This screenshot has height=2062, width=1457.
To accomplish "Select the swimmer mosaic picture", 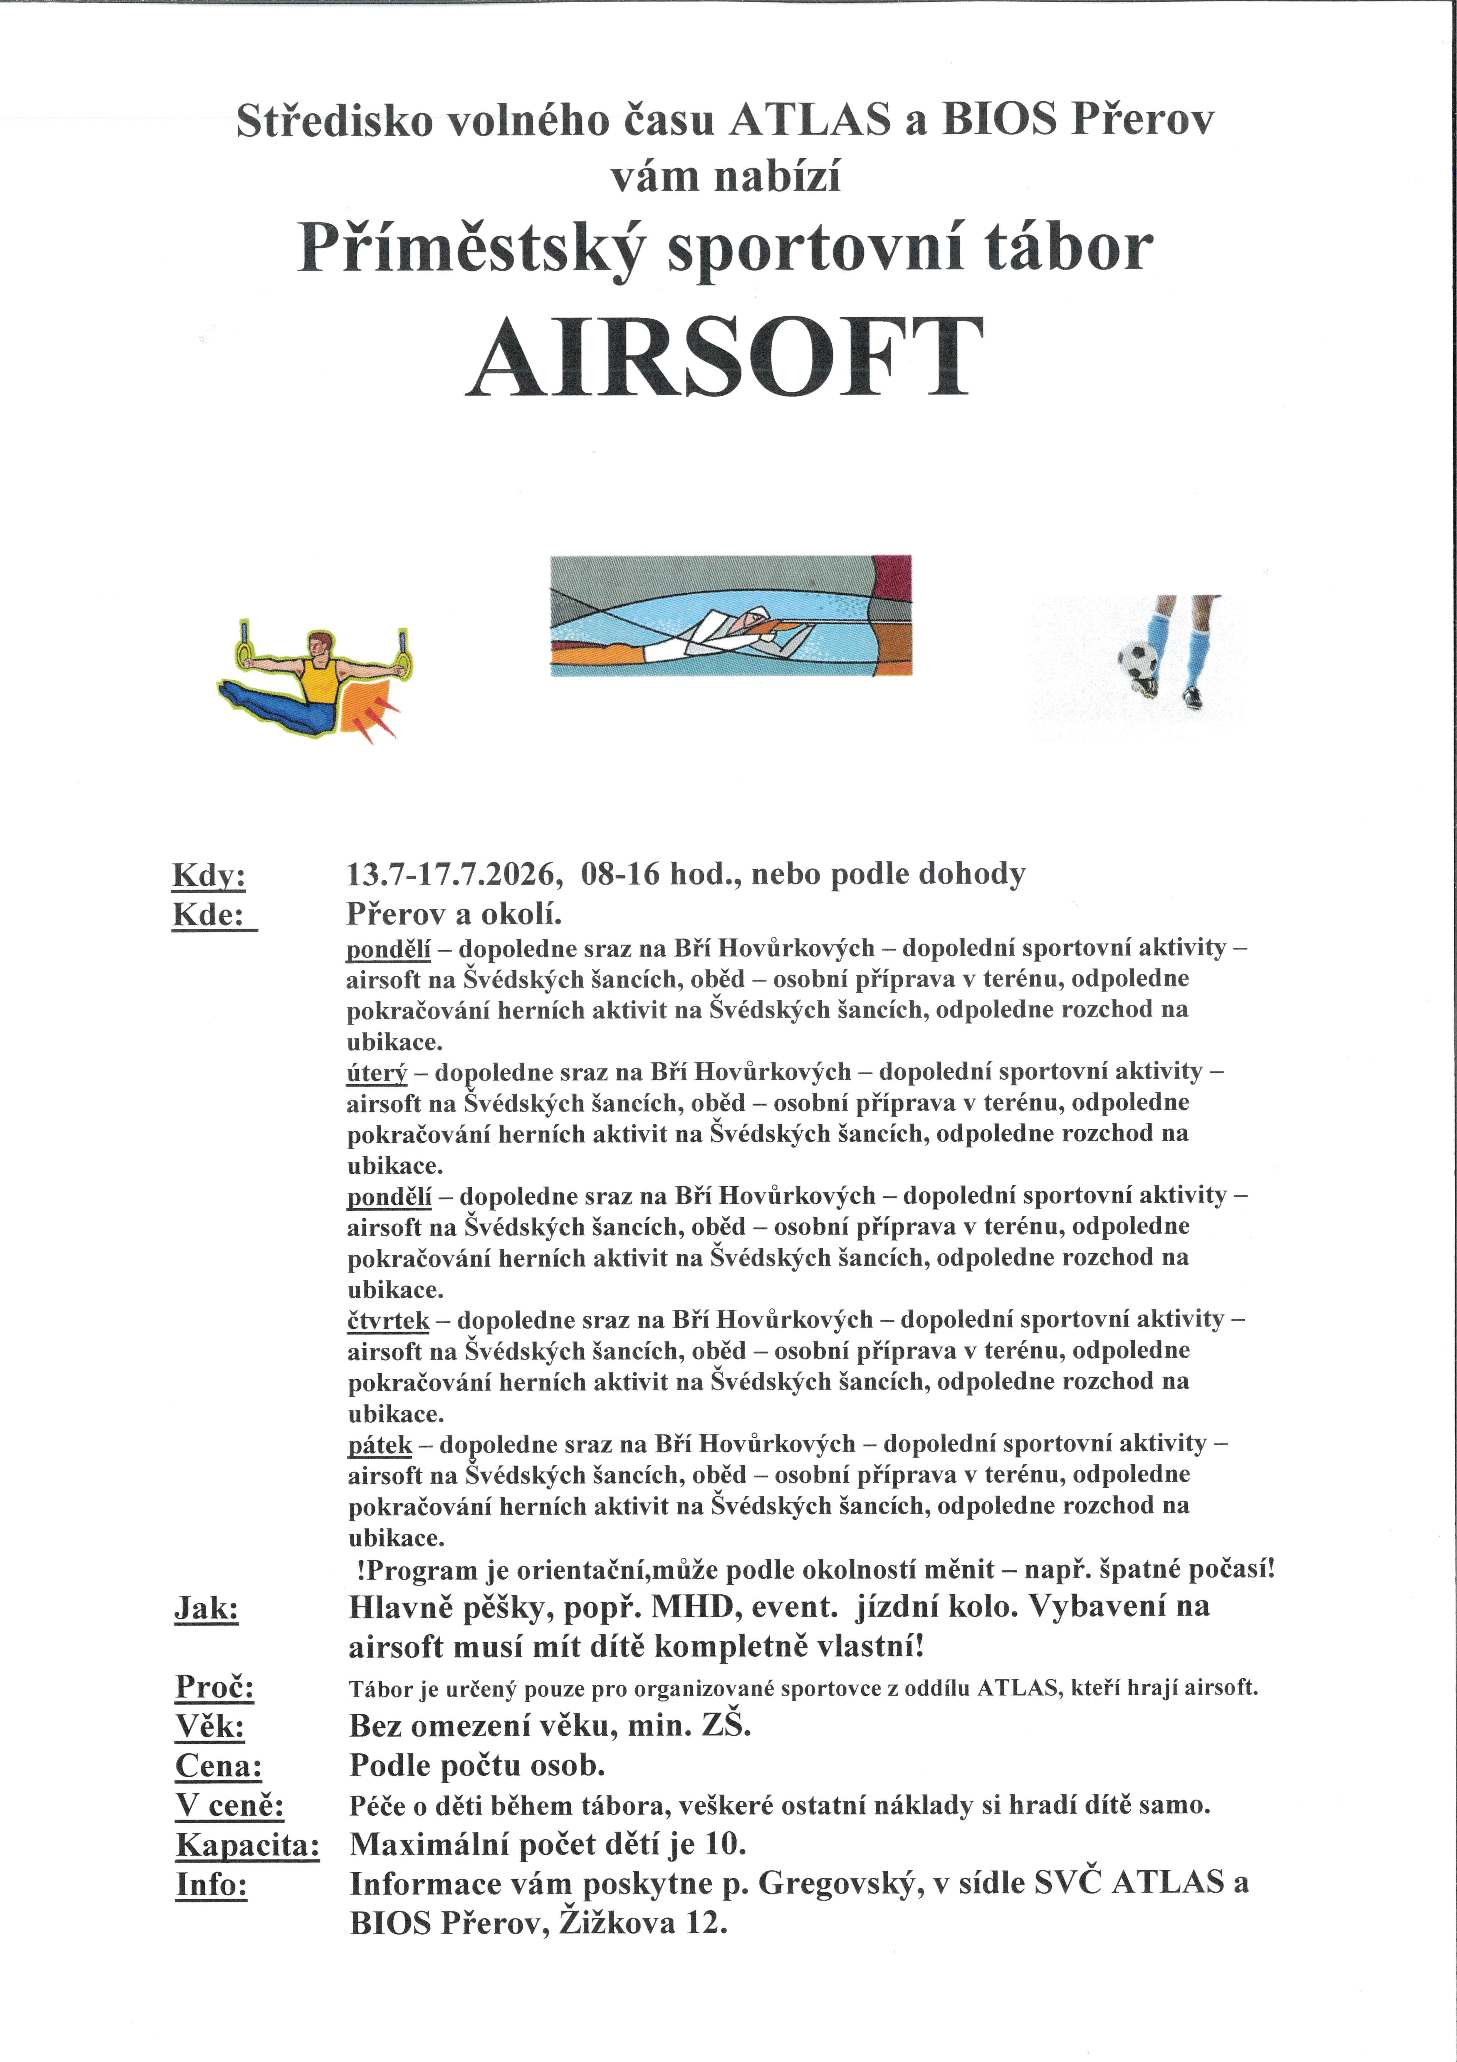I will tap(731, 615).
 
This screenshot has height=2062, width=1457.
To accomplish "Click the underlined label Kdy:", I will tap(208, 876).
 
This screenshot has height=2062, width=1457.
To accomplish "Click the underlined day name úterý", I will tap(377, 1072).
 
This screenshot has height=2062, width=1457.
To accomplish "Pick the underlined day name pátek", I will tap(380, 1444).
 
